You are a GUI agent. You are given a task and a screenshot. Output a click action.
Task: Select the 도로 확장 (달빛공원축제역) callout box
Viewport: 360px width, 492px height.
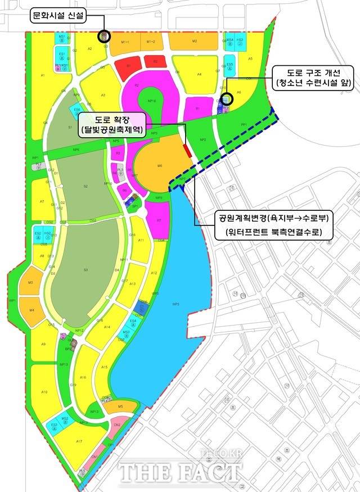pos(112,124)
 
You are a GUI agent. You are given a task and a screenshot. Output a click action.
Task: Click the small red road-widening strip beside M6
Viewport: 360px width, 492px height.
pos(187,150)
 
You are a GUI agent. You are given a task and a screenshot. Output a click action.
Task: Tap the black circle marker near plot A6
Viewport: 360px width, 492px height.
pos(228,98)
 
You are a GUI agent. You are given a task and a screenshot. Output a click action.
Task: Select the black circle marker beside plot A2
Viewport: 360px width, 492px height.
pos(104,37)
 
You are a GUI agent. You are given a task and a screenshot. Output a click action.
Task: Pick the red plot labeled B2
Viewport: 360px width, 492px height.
pos(153,62)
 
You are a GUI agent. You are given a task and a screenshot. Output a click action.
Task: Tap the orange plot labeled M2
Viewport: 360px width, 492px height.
pos(193,42)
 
